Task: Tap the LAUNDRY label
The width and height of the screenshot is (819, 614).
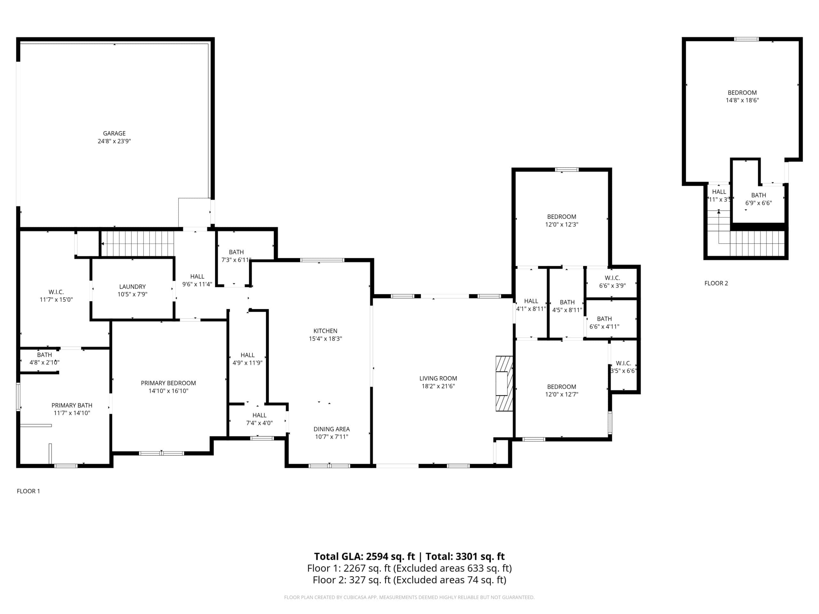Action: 132,287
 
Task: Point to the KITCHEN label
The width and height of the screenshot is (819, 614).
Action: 325,331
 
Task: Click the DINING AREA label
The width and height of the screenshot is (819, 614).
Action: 331,429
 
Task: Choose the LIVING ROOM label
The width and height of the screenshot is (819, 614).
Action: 438,378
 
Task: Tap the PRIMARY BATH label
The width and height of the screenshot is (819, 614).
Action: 72,405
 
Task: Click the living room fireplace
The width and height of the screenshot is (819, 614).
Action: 504,383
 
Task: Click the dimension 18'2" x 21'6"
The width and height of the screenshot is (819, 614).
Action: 438,386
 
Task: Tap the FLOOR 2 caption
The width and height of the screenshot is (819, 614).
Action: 716,283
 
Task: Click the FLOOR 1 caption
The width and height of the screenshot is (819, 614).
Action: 28,491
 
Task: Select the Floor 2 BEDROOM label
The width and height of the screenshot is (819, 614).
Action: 742,92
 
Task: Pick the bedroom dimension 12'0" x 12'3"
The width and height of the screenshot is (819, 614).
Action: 561,224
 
